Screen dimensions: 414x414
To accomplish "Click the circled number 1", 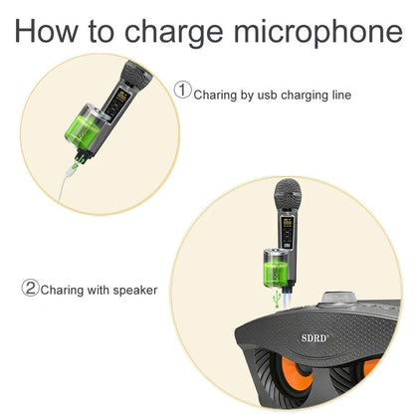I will coord(183,91).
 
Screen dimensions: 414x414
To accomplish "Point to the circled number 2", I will coord(31,290).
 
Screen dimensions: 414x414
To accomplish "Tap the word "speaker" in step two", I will coord(133,291).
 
